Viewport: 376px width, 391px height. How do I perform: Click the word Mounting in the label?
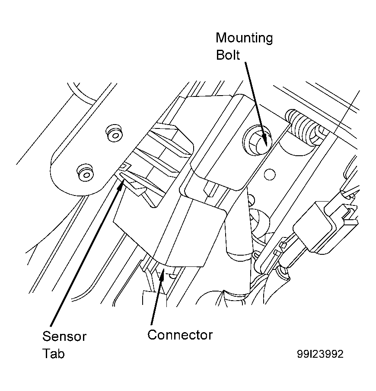click(244, 38)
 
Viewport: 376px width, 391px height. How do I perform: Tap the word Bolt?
click(228, 55)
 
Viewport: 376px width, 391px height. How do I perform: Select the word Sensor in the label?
click(64, 337)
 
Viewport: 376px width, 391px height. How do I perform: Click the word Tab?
click(53, 353)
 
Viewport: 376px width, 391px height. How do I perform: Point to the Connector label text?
click(180, 335)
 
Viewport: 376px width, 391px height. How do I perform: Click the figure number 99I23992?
click(320, 354)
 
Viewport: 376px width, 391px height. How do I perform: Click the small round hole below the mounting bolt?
click(269, 174)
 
